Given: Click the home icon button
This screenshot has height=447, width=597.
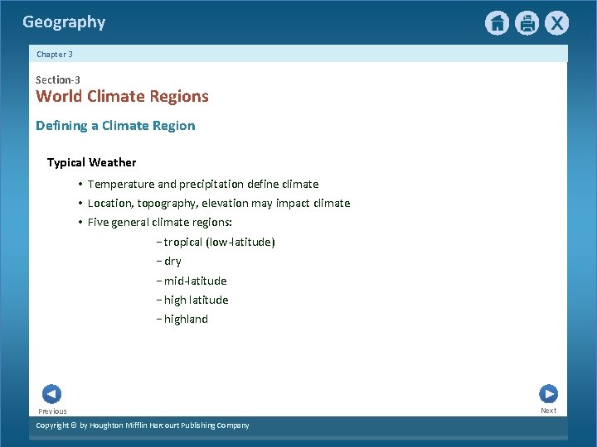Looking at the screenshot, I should [x=497, y=23].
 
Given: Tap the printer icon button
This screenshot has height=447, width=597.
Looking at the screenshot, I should [x=527, y=23].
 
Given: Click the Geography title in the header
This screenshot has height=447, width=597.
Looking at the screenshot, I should [x=64, y=22].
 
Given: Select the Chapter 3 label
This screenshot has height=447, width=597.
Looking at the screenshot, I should [x=55, y=54].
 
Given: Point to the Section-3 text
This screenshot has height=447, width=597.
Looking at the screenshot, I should [x=58, y=79].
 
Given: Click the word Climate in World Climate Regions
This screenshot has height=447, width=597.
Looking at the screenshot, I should [x=119, y=96].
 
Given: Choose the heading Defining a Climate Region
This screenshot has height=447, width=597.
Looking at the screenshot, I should [x=115, y=126].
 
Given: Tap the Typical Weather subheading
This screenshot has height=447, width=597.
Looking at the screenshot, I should [x=91, y=162].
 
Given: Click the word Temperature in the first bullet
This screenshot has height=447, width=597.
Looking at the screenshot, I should [x=121, y=184].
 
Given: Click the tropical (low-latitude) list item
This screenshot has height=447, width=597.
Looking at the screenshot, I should [x=219, y=242].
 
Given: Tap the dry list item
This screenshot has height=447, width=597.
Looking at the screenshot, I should [x=172, y=261].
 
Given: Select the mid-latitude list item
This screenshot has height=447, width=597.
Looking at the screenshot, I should [x=195, y=281].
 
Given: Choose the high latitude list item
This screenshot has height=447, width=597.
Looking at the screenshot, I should [x=196, y=300].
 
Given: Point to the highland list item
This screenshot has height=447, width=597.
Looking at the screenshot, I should [x=186, y=319].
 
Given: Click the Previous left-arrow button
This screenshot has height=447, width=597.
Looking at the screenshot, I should [x=51, y=394].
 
